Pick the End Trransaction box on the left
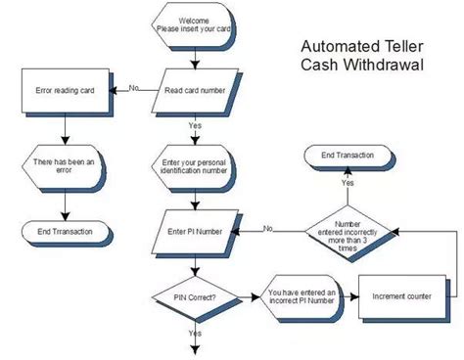point(64,232)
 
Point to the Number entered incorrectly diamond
point(348,231)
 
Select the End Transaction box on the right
point(349,155)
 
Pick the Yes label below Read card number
point(196,124)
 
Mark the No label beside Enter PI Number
point(267,229)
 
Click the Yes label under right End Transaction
point(348,182)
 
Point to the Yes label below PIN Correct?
point(196,333)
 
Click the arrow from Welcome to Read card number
point(195,56)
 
